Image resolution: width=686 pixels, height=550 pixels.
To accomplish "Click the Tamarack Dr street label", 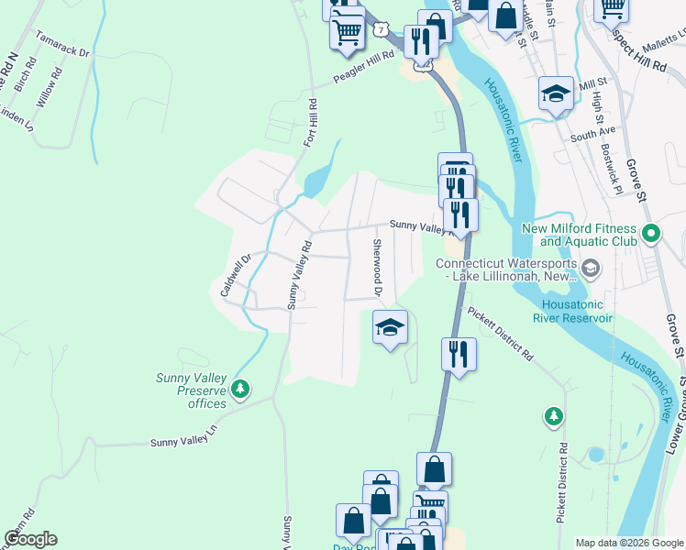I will click(x=62, y=47).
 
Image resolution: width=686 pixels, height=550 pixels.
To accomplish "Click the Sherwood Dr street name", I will click(x=376, y=268).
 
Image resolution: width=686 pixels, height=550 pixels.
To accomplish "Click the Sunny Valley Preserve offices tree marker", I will click(x=240, y=390).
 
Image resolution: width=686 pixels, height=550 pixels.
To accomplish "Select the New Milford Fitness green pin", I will click(x=651, y=234).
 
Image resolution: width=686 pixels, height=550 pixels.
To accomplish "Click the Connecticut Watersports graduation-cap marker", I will click(x=591, y=268).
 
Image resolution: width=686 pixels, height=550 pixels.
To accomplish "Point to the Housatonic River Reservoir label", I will click(x=577, y=312).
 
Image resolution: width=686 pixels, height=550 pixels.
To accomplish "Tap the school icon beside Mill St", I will click(x=555, y=94).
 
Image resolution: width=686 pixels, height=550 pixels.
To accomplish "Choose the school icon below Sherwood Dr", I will click(x=390, y=327).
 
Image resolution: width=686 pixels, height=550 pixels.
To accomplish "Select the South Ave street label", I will click(x=592, y=134).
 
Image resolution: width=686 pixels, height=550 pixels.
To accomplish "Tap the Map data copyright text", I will click(x=629, y=543).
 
